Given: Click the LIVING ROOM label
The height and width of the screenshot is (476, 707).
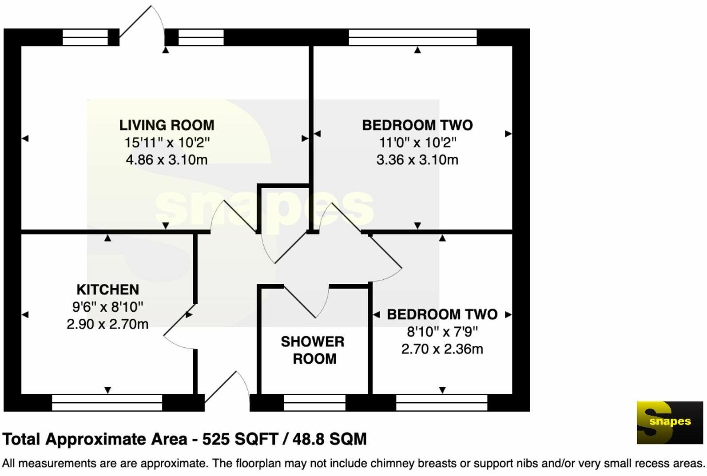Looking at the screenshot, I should click(x=167, y=125).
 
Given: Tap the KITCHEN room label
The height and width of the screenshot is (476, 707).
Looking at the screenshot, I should click(x=107, y=290).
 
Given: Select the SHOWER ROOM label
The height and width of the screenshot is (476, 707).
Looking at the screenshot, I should click(x=313, y=350).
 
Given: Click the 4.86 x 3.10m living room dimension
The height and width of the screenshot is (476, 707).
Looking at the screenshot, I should click(x=167, y=160).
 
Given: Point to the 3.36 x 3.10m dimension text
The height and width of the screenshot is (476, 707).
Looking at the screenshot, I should click(x=417, y=160).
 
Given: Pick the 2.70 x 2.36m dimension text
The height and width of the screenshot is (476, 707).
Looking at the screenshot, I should click(x=442, y=349).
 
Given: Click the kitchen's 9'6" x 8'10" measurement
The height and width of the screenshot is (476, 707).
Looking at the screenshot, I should click(x=107, y=307).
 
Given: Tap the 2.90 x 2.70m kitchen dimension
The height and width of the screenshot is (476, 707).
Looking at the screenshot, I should click(x=107, y=324).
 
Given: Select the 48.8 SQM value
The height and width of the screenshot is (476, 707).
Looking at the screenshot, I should click(x=329, y=439).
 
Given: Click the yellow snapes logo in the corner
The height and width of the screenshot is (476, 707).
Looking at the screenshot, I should click(x=670, y=422).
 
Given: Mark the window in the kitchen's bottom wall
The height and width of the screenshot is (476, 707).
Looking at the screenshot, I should click(x=107, y=403).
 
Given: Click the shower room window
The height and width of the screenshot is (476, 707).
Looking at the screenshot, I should click(x=314, y=403).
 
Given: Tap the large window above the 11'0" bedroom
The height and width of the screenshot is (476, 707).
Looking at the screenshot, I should click(x=413, y=37).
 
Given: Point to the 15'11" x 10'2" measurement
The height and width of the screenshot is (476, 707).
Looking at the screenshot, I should click(x=167, y=143).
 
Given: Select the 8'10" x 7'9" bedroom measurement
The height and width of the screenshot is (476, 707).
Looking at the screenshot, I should click(x=442, y=332).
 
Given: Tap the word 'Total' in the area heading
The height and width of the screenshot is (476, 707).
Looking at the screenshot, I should click(x=22, y=439).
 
